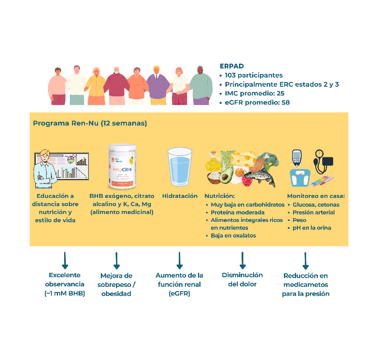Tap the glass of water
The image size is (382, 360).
180,167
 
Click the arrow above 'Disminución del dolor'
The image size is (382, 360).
242,261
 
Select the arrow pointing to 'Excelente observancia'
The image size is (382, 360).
65,260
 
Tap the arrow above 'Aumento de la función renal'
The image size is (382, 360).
179,260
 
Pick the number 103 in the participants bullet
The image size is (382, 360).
231,75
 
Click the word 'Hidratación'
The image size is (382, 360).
180,196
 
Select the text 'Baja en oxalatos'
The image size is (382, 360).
234,235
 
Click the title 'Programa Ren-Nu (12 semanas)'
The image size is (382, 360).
90,123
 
